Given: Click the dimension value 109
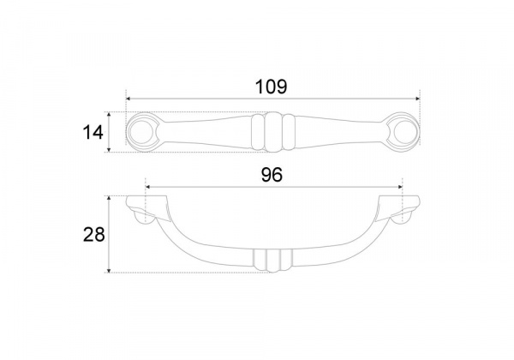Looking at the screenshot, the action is tap(271, 87).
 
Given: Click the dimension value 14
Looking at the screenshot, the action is tap(93, 133).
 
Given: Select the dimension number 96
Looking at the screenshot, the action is tap(272, 175).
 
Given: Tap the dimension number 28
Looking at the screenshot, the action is tap(93, 234).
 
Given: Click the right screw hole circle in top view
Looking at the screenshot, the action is tap(405, 133).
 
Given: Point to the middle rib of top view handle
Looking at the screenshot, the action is tap(273, 132).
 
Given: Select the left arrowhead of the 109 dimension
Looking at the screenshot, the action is tap(128, 99).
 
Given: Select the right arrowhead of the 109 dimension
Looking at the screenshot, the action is tap(418, 99).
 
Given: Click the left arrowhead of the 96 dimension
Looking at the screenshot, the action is tap(148, 187).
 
